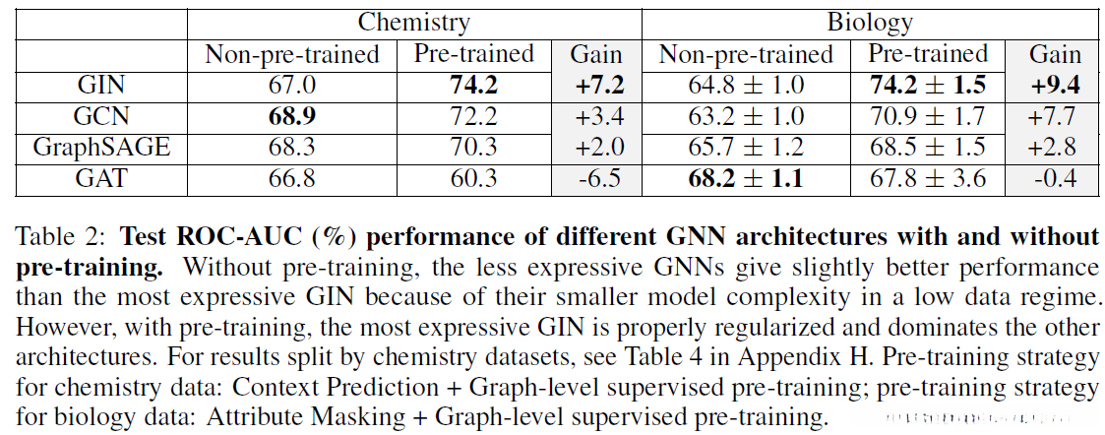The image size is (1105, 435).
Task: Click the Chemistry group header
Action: [x=413, y=22]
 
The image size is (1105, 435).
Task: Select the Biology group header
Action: [x=869, y=22]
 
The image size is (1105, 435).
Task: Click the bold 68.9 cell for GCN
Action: [x=292, y=116]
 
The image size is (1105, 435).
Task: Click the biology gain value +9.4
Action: [x=1055, y=86]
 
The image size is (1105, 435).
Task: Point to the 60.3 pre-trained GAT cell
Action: [x=473, y=179]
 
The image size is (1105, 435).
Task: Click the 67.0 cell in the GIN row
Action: [x=292, y=86]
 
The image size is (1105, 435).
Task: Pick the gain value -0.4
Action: [x=1055, y=179]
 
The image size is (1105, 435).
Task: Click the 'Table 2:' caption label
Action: [x=59, y=237]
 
